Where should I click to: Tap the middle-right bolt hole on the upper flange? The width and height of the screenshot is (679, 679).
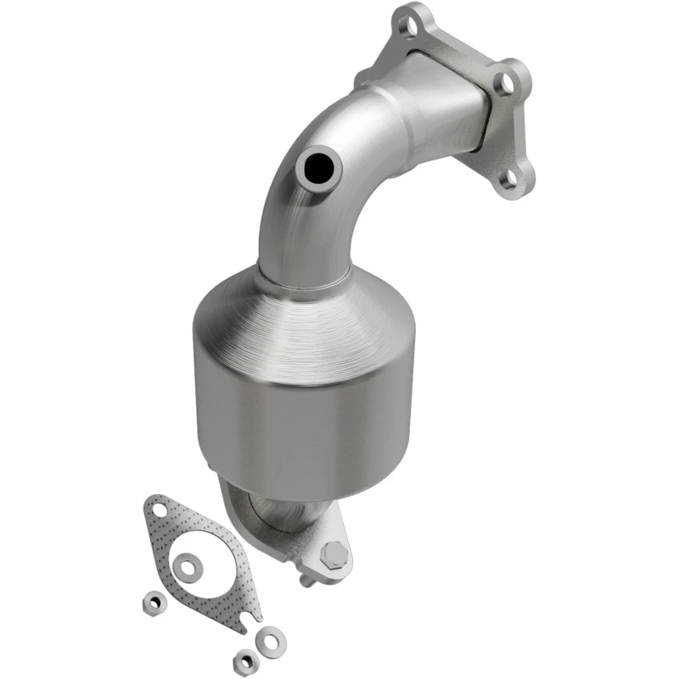(507, 82)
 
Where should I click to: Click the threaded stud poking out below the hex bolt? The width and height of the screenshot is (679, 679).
(305, 581)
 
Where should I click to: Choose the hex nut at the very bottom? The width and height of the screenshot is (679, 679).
(246, 659)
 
